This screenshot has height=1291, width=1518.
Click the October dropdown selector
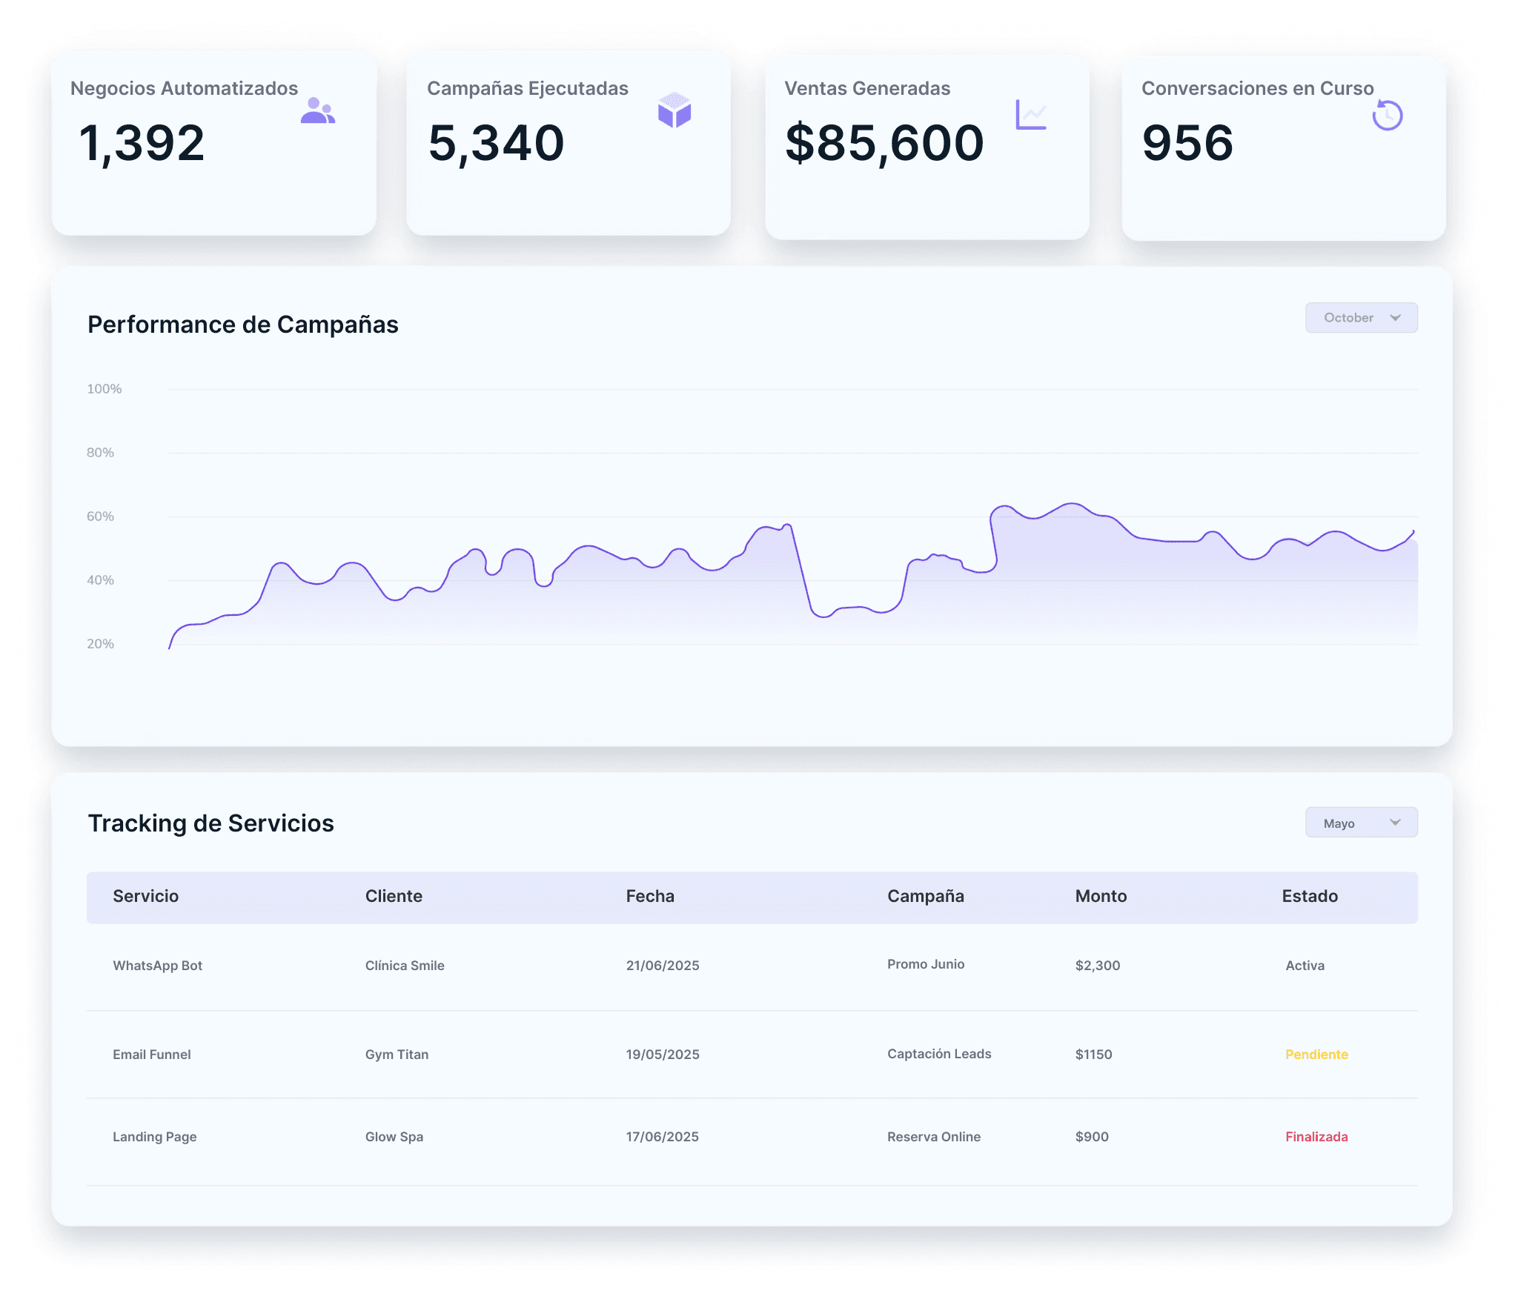(x=1361, y=318)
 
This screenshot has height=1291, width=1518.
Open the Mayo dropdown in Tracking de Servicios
(x=1361, y=823)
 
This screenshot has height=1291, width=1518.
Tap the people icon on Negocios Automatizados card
(x=317, y=110)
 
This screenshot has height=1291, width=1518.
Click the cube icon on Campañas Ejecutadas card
(x=675, y=110)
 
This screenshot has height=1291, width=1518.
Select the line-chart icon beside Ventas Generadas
(x=1031, y=115)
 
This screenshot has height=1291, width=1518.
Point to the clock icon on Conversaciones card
(x=1388, y=115)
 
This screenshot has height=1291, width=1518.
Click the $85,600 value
(x=884, y=143)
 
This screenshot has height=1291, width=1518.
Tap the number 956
(x=1187, y=143)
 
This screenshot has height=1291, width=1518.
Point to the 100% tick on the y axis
(x=105, y=389)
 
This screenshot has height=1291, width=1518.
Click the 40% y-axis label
(x=101, y=580)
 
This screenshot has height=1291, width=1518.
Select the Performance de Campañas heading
(x=243, y=325)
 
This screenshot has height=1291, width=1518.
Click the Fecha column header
(x=650, y=896)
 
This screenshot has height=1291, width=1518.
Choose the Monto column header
(x=1101, y=896)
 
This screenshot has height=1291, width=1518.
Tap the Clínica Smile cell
(x=405, y=966)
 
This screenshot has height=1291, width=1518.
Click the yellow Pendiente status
(x=1316, y=1055)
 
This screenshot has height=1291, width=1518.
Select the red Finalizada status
(x=1316, y=1137)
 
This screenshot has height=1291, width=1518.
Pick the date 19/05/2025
(x=663, y=1055)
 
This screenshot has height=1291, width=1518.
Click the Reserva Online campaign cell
(x=934, y=1137)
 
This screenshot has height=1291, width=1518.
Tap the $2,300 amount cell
(x=1098, y=966)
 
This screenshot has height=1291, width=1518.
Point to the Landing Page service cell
(x=155, y=1137)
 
